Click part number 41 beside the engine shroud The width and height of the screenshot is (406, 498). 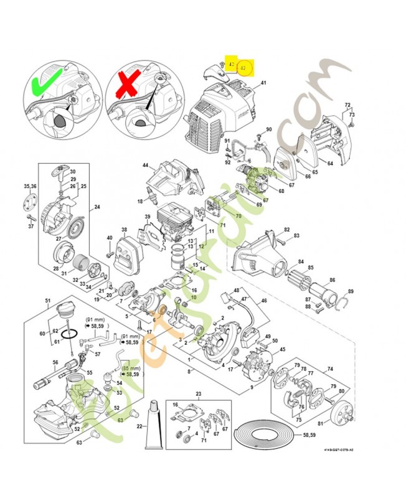point(263,83)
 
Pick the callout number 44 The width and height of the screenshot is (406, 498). point(146,166)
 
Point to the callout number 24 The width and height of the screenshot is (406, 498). point(97,207)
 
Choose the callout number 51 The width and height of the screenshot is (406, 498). point(47,301)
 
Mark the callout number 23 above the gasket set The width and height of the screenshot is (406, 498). point(199,394)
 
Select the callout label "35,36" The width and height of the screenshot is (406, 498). point(30,186)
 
